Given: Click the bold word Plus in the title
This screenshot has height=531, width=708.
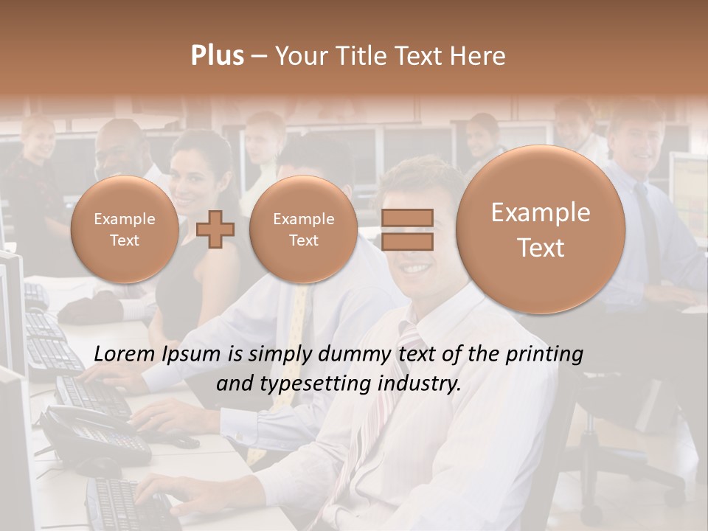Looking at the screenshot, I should pyautogui.click(x=217, y=56).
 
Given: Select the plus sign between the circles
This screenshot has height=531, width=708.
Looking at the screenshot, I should pyautogui.click(x=215, y=229).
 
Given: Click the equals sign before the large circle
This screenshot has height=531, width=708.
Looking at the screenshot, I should pyautogui.click(x=407, y=229).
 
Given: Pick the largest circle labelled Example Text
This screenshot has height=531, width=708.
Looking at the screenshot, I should pyautogui.click(x=541, y=229).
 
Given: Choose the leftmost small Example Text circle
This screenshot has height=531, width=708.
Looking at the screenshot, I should pyautogui.click(x=125, y=229).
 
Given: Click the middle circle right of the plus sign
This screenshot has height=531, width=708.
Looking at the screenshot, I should pyautogui.click(x=303, y=229).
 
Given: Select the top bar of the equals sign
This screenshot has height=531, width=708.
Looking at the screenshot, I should pyautogui.click(x=407, y=218).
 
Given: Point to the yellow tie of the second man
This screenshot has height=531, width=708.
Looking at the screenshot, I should pyautogui.click(x=299, y=317).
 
